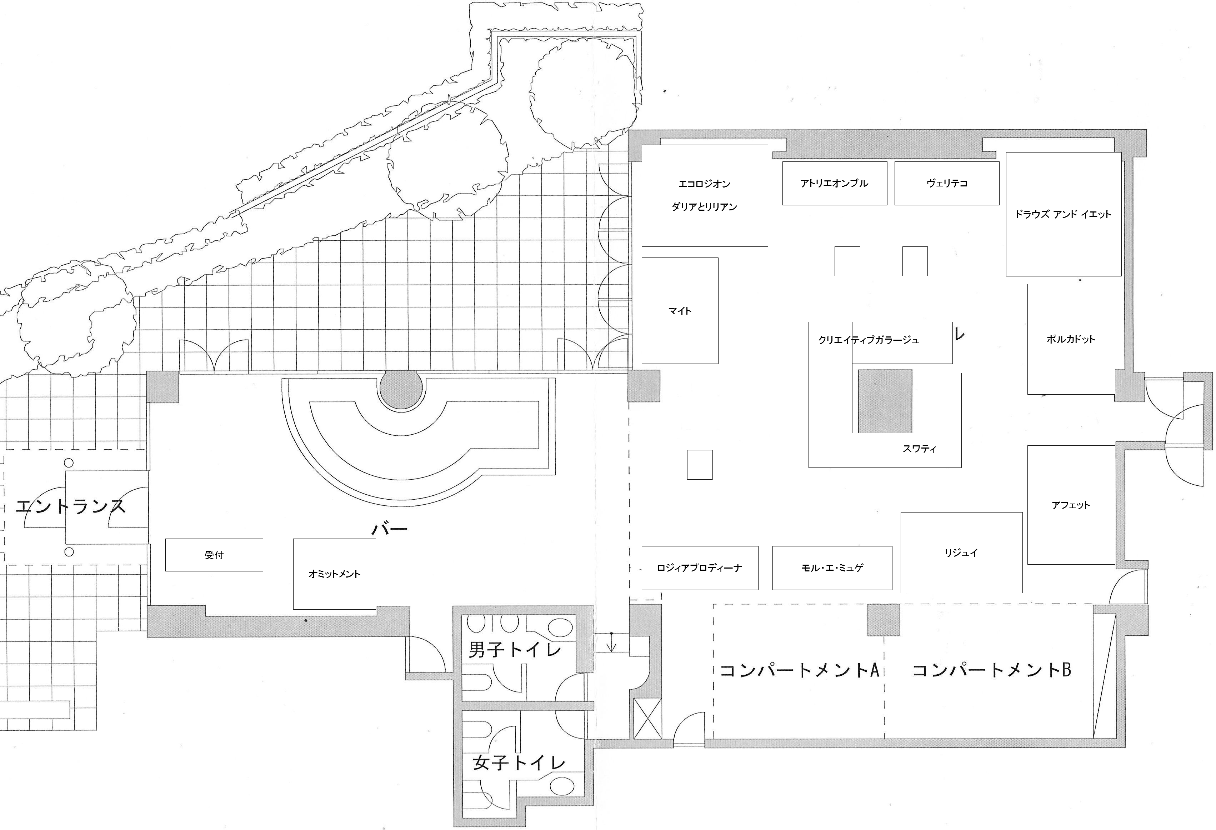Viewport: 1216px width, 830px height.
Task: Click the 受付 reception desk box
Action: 214,555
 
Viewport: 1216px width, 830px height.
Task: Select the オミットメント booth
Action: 334,574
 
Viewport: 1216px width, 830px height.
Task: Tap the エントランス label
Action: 71,506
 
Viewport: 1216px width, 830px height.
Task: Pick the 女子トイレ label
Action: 519,762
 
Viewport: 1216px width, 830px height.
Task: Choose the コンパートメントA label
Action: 799,670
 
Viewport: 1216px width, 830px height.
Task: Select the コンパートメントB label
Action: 991,670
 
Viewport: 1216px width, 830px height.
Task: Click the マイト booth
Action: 680,310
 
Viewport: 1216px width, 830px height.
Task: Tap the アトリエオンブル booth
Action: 834,183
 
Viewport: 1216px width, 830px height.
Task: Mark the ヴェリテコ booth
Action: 946,183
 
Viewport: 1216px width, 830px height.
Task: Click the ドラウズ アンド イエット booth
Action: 1063,214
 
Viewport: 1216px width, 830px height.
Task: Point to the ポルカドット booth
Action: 1071,339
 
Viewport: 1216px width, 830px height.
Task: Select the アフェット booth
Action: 1071,505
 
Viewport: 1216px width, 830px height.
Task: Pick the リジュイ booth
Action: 961,552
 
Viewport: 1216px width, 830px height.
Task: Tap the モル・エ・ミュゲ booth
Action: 832,568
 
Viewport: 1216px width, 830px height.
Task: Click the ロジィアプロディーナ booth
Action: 700,568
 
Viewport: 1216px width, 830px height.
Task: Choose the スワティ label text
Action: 919,449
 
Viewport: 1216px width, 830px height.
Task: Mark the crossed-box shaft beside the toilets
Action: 647,719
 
